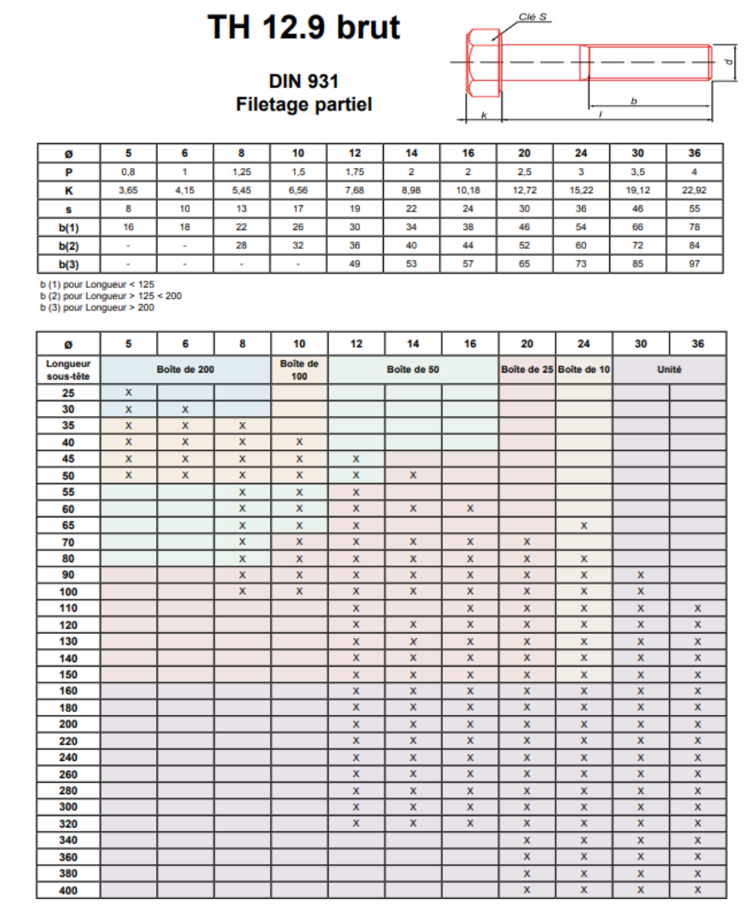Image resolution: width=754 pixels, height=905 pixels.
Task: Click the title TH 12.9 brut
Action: coord(304,29)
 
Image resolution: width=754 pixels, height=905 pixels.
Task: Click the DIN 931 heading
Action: coord(304,81)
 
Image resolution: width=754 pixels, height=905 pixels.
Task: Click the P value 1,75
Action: coord(355,172)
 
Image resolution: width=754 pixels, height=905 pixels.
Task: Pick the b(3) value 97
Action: coord(695,265)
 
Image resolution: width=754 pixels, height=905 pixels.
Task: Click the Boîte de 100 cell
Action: coord(299,369)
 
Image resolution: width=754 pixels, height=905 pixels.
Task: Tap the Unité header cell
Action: coord(669,369)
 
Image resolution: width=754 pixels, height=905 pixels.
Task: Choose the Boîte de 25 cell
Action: coord(527,369)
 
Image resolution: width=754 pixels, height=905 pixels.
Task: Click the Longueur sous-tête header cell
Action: coord(69,369)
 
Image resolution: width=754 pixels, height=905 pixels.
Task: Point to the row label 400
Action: coord(69,890)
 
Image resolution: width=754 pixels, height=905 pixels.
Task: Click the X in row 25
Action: coord(128,393)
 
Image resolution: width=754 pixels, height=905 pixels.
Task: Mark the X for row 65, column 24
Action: coord(584,525)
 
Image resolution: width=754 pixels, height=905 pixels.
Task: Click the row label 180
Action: coord(69,707)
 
